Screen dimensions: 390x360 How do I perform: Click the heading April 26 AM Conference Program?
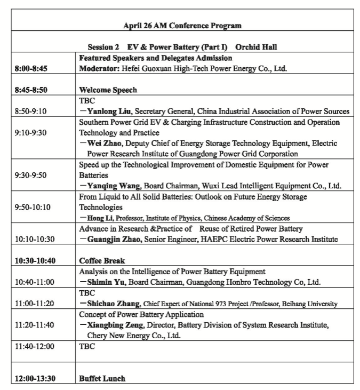(182, 25)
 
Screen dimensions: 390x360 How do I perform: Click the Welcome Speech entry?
(108, 90)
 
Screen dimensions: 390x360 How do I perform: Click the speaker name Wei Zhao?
(100, 143)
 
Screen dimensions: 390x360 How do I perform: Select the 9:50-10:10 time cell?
(33, 207)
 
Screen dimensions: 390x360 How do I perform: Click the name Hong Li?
(98, 218)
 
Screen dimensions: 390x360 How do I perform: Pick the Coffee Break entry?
(102, 261)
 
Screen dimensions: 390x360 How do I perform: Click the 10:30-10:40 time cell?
(34, 261)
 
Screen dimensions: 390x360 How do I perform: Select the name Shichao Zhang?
(109, 304)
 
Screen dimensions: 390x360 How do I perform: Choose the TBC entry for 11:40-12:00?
(87, 346)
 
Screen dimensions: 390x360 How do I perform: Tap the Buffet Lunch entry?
(102, 378)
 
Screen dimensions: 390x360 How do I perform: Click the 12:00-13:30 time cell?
(35, 378)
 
